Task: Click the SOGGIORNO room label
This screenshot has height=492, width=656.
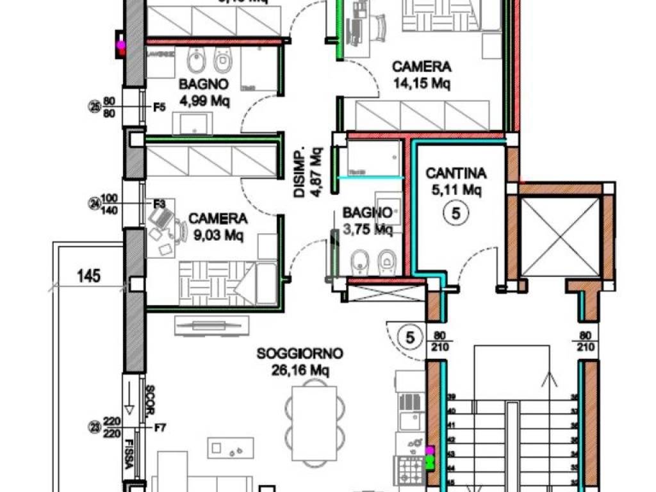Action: click(300, 353)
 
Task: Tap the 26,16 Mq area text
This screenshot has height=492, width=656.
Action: click(300, 369)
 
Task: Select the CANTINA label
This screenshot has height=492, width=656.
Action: click(456, 173)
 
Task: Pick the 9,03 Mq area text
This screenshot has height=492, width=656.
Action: click(218, 235)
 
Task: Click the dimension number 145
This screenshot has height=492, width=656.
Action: click(88, 276)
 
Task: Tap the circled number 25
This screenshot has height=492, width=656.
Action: click(95, 107)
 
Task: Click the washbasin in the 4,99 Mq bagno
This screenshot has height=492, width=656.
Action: click(195, 122)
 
